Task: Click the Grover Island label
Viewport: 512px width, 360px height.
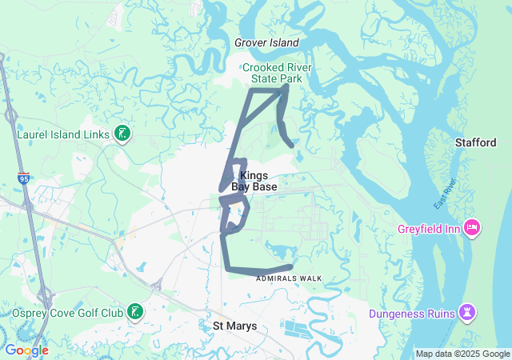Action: pos(266,42)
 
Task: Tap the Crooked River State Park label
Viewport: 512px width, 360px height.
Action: pos(277,73)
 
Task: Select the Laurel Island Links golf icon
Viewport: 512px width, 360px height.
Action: pos(122,134)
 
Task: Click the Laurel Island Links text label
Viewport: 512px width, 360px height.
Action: pos(63,134)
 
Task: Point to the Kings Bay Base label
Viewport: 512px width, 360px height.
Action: pos(254,181)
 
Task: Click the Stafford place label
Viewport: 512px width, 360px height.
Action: pos(476,142)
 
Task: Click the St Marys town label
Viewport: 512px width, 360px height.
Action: pos(234,326)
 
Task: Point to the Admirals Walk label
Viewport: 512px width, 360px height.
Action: pos(289,278)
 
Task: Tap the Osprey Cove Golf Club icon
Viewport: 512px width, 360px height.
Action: pos(136,311)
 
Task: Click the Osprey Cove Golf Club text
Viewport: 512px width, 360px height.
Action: pos(68,312)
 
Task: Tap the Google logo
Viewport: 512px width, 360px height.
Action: pos(26,350)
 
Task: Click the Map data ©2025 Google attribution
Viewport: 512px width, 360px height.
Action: pos(462,354)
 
